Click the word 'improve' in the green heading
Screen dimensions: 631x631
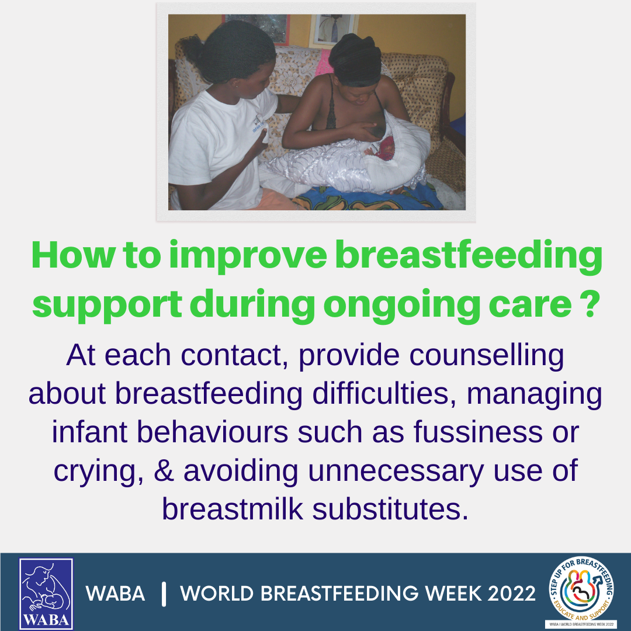tap(248, 256)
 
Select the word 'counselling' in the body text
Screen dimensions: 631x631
tap(487, 356)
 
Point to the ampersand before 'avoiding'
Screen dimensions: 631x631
tap(164, 470)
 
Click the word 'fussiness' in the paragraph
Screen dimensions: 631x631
tap(478, 432)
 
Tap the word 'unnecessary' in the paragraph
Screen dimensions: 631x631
tap(396, 471)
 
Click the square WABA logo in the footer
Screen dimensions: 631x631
tap(46, 593)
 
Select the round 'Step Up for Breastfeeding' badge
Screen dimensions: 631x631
tap(581, 589)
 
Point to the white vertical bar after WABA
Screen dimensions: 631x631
tap(164, 594)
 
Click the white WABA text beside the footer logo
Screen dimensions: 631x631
tap(115, 594)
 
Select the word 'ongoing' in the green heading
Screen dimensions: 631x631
tap(401, 304)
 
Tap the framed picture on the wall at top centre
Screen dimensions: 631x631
tap(333, 29)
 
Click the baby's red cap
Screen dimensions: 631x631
tap(385, 148)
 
